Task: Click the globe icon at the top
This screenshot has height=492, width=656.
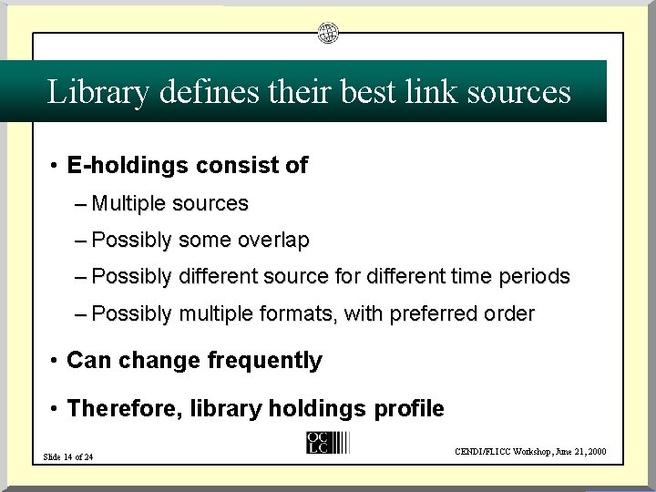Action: pos(328,34)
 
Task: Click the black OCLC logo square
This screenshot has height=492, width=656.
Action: pos(318,442)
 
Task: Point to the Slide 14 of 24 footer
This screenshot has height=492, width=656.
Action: pos(68,456)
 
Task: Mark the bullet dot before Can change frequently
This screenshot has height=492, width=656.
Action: pos(55,361)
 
